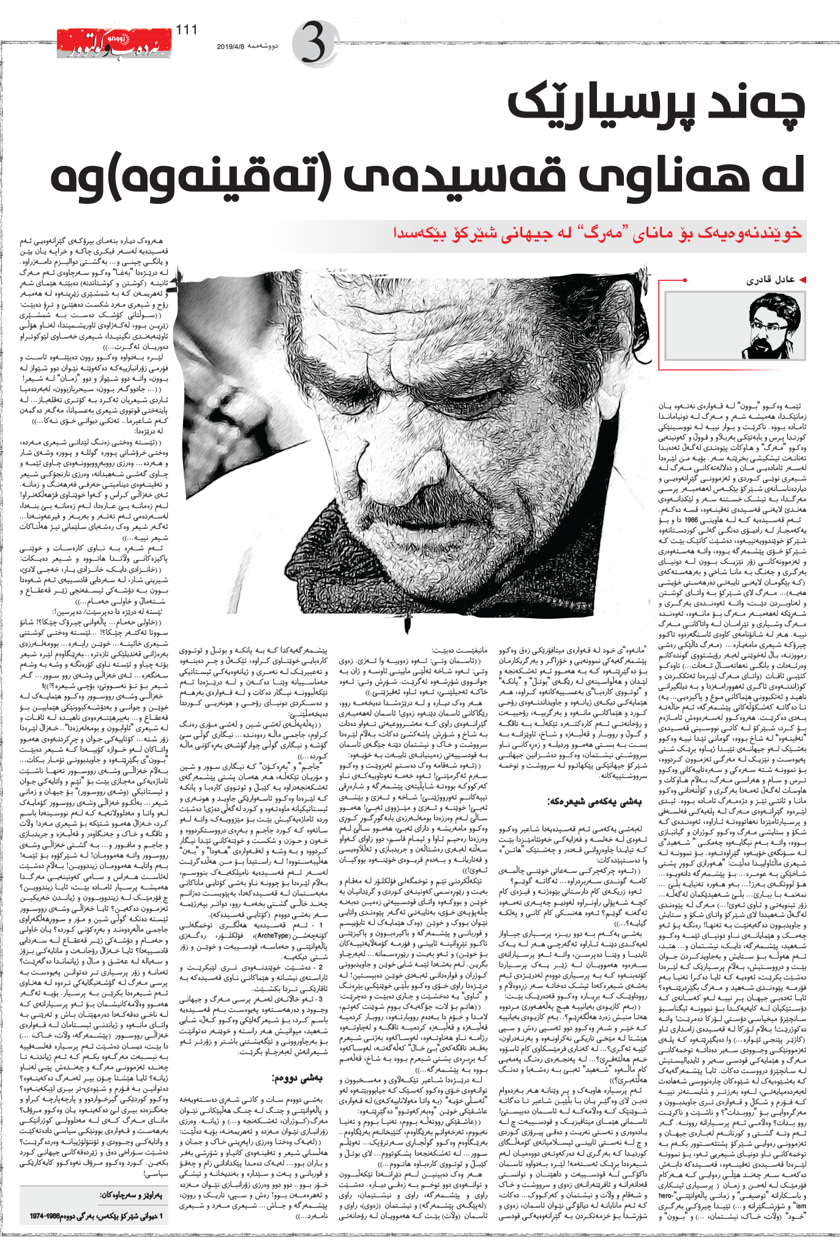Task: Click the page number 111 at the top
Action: (x=186, y=30)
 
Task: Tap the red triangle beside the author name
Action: (x=803, y=280)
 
